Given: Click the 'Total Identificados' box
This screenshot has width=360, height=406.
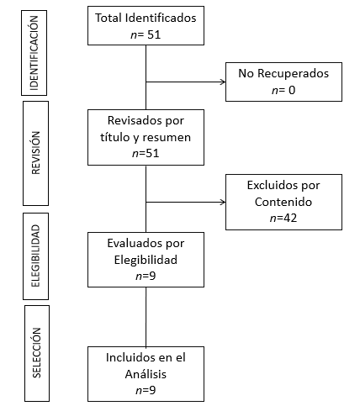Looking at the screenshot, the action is point(146,25).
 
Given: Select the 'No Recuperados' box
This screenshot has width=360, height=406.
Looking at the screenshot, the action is point(283,82).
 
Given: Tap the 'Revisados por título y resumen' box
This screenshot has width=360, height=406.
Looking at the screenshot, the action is point(146,137).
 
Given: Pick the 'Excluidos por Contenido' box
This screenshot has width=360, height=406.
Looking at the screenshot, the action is point(283,202).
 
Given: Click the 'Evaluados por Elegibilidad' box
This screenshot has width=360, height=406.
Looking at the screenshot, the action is point(146,260).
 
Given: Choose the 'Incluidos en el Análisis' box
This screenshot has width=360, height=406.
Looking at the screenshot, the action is point(146,374).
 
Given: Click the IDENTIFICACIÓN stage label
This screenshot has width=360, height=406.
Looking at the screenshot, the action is point(34,53).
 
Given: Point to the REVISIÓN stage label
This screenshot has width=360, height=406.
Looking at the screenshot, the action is point(35,153).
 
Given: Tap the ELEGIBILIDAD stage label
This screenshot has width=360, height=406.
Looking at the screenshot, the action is point(35,256).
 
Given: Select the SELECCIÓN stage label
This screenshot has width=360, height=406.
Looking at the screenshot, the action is point(37,353).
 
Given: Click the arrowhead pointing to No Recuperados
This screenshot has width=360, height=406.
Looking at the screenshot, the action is point(223,82).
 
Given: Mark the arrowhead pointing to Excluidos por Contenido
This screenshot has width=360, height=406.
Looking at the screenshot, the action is point(223,202).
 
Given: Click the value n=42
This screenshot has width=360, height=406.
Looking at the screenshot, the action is point(283,218).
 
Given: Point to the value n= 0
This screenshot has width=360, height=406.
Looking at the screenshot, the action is point(283,90).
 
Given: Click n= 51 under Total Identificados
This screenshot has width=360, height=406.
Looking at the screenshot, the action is point(146,34).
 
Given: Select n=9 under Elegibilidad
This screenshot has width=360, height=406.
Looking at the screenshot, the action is point(146,276).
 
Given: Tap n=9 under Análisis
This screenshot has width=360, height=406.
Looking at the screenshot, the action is point(146,390).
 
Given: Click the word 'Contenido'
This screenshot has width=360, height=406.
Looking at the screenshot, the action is point(283,202).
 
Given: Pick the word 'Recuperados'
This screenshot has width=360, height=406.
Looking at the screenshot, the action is point(293,73).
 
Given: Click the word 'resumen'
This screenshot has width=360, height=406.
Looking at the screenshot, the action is point(167,137).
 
